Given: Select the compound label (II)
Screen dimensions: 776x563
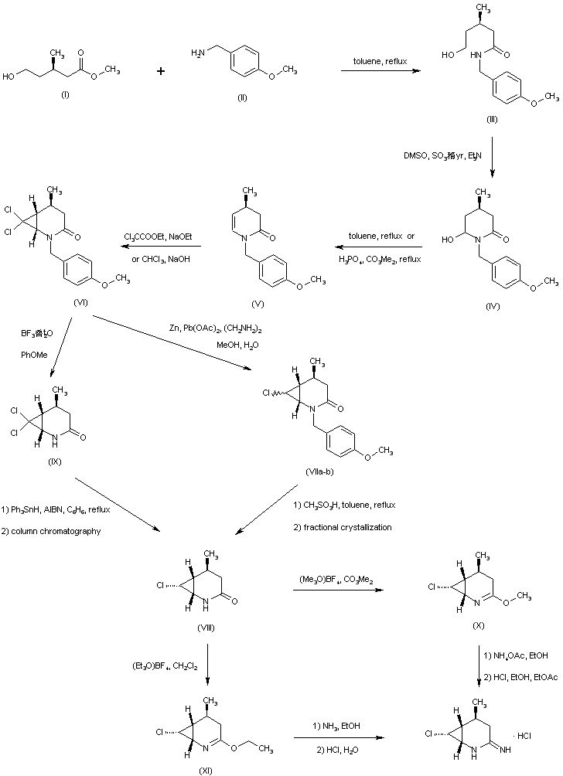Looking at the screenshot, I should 242,98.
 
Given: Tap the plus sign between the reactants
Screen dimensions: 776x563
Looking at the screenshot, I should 161,71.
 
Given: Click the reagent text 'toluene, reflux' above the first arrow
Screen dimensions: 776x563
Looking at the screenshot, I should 376,58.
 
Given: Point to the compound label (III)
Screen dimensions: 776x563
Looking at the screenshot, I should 491,119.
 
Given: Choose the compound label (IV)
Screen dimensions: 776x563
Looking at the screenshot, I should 492,306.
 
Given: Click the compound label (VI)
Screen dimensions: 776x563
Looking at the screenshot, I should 80,301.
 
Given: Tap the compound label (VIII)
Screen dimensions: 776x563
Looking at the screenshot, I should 208,628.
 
